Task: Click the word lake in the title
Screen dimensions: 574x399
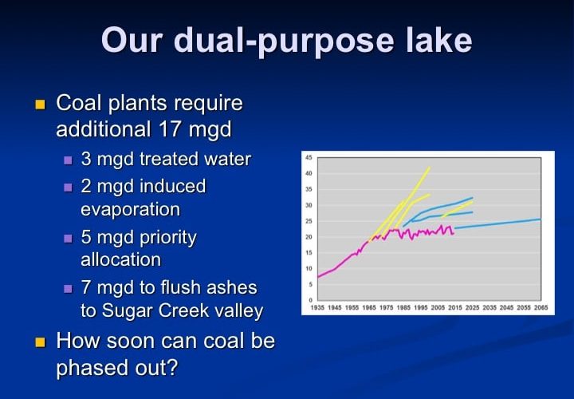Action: click(439, 40)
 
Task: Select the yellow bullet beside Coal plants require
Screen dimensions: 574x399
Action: click(40, 105)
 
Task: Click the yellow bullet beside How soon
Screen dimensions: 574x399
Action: click(40, 342)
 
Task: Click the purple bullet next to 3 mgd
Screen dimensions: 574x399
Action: click(68, 160)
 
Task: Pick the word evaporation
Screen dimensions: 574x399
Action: click(130, 210)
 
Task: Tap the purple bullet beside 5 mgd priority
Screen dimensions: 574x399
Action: click(68, 239)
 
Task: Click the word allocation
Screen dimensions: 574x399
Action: click(121, 260)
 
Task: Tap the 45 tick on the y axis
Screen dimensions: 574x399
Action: click(309, 157)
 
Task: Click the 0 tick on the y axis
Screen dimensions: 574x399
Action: click(310, 300)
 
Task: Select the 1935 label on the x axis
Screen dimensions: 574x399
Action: click(317, 308)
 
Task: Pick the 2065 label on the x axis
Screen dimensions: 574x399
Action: click(541, 308)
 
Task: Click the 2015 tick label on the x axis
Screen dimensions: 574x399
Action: click(455, 308)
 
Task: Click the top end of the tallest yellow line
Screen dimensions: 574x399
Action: click(430, 168)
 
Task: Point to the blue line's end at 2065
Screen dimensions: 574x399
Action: click(541, 219)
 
